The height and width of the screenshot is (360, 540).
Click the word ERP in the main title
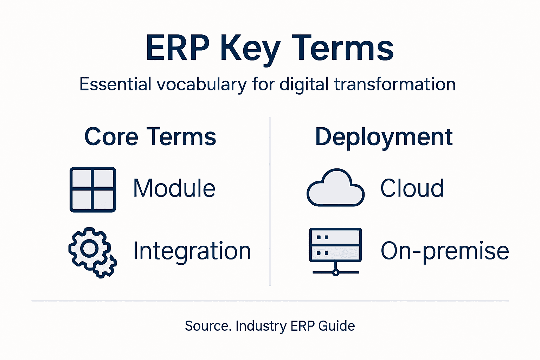pyautogui.click(x=178, y=48)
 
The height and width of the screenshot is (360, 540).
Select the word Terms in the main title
pyautogui.click(x=342, y=48)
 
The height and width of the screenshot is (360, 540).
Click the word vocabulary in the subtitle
pyautogui.click(x=201, y=85)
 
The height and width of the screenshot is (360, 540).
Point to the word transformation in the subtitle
pyautogui.click(x=394, y=85)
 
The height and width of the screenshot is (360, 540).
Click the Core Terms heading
pyautogui.click(x=150, y=137)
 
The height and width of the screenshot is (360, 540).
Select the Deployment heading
pyautogui.click(x=384, y=137)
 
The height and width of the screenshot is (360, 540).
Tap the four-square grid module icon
pyautogui.click(x=93, y=189)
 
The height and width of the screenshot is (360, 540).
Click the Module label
pyautogui.click(x=174, y=188)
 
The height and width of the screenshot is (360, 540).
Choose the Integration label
pyautogui.click(x=192, y=251)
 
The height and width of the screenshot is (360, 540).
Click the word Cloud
pyautogui.click(x=412, y=188)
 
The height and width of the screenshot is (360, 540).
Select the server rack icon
pyautogui.click(x=335, y=245)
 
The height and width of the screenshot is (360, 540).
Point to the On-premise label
pyautogui.click(x=445, y=251)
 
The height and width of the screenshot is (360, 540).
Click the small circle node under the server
pyautogui.click(x=336, y=272)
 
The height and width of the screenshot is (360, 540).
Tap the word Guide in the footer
pyautogui.click(x=336, y=326)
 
